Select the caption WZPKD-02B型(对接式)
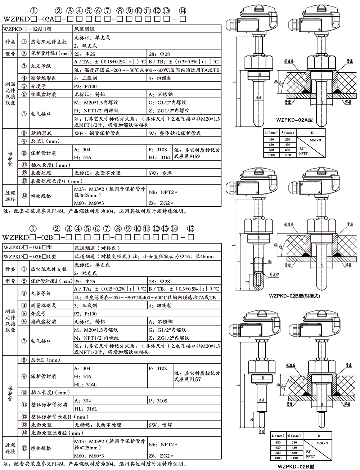[x=294, y=296]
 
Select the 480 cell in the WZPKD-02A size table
[x=272, y=139]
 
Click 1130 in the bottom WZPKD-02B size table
[x=294, y=458]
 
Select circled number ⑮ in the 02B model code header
[x=191, y=229]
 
